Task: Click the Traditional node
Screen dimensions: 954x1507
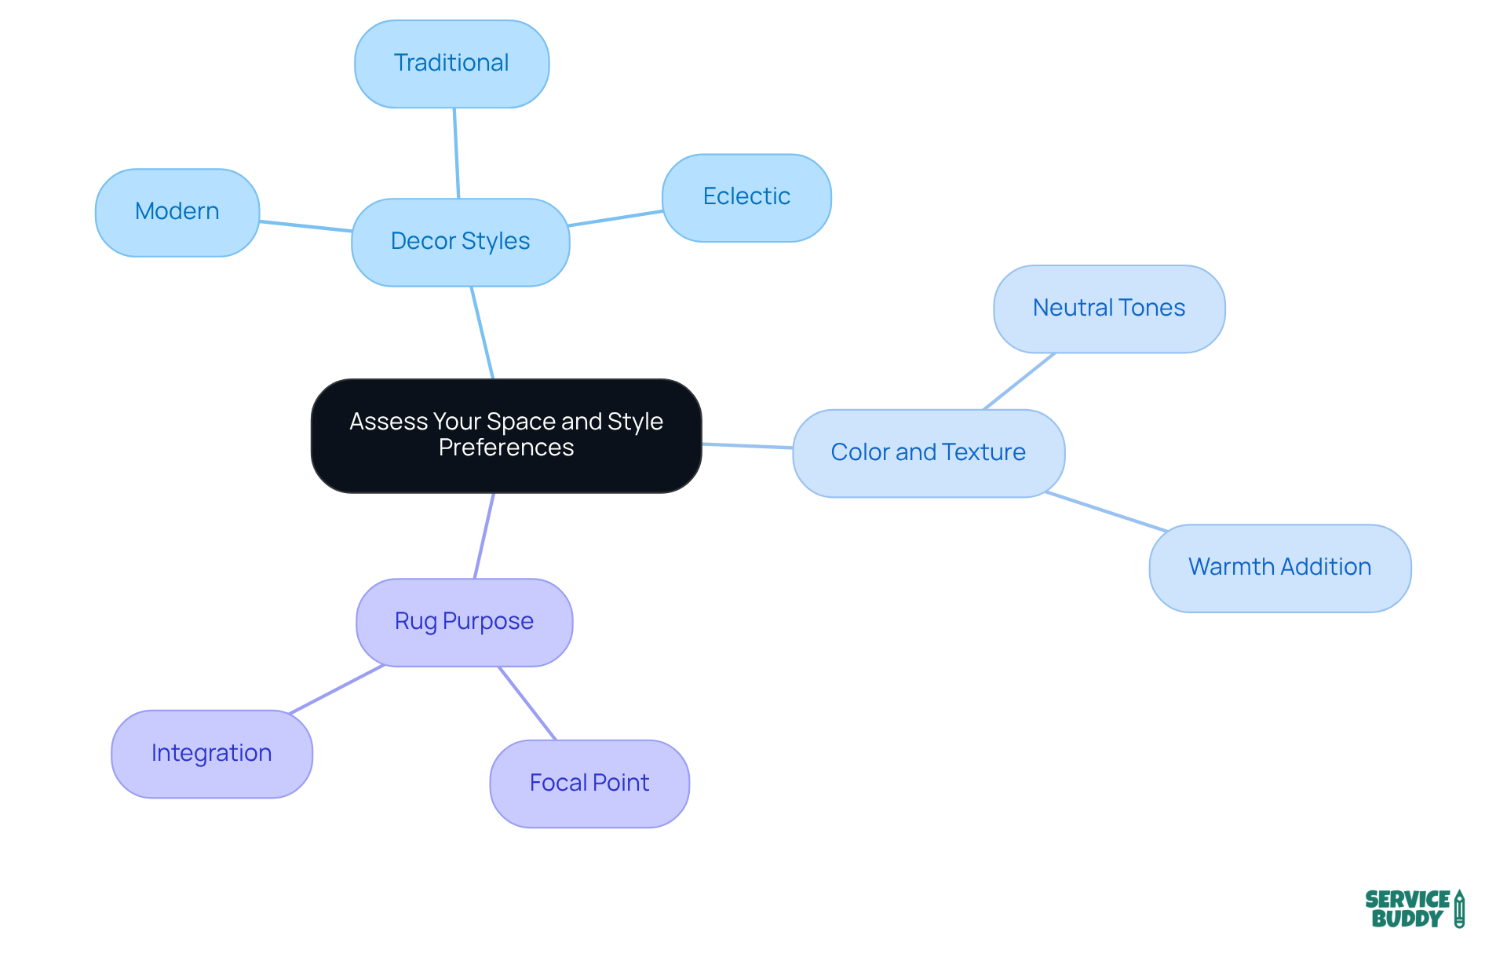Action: (451, 64)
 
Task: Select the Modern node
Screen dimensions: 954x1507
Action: (177, 212)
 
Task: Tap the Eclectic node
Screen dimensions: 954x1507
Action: (746, 197)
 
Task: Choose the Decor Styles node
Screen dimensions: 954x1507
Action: (461, 242)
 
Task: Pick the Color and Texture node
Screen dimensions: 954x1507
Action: (929, 453)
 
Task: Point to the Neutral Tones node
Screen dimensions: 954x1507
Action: (1109, 309)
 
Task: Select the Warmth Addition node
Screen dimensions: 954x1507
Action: (1280, 568)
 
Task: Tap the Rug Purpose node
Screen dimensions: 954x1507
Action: (465, 622)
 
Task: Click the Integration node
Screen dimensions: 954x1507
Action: (212, 754)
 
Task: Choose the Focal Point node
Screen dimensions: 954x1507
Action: (589, 784)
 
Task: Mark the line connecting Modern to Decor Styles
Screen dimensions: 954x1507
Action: (306, 226)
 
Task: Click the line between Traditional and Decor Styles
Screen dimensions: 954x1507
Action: (456, 153)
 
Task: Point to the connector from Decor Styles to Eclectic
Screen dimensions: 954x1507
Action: (616, 218)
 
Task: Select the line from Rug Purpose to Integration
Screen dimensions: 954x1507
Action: (337, 689)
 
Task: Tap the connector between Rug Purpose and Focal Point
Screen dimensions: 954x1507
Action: (527, 704)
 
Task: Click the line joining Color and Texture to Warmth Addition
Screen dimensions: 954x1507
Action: (1107, 512)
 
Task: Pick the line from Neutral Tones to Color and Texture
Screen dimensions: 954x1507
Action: (1020, 381)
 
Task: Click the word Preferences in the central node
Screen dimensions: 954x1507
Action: (506, 448)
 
